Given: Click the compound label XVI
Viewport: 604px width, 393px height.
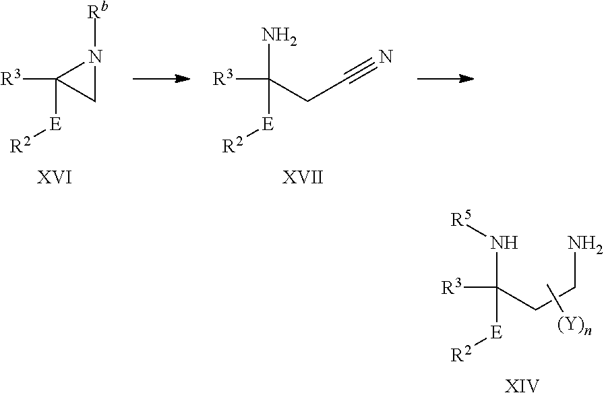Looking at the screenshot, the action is coord(55,177).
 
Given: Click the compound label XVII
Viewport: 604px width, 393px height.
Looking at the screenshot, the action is coord(303,177).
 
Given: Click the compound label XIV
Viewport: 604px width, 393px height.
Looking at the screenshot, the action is coord(522,386).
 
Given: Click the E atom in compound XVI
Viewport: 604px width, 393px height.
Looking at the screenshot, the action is coord(55,124).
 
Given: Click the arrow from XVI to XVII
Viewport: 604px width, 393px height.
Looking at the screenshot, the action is coord(161,79).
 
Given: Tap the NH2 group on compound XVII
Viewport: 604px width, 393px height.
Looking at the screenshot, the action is coord(280,36).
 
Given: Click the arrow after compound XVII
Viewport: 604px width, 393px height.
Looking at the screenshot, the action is coord(446,79).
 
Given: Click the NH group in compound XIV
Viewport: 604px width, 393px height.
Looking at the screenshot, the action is coord(503,243).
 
